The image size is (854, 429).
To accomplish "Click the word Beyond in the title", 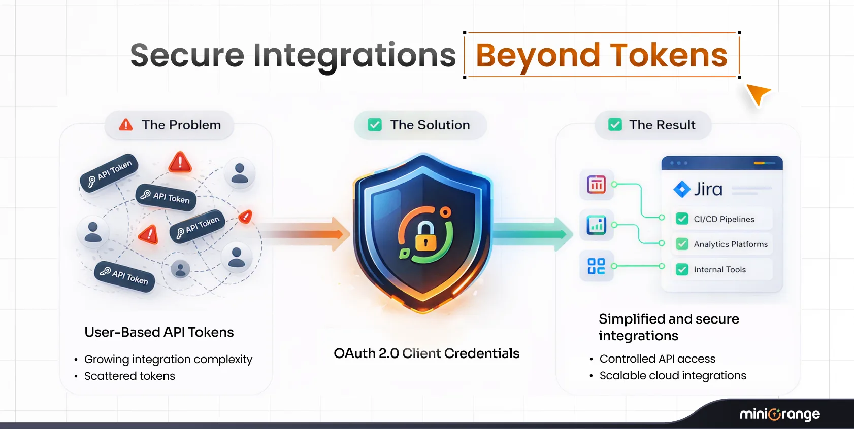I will [538, 55].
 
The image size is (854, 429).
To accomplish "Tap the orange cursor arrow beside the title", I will [758, 94].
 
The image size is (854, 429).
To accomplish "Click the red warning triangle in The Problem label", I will [126, 125].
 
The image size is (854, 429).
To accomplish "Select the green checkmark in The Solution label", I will [375, 125].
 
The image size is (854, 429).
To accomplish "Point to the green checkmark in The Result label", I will [615, 125].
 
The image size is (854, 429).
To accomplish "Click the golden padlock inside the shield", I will [425, 237].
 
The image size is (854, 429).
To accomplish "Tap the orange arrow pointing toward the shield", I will [310, 234].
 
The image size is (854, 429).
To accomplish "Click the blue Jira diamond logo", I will [682, 189].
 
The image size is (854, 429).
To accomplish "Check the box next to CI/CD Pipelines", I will [682, 219].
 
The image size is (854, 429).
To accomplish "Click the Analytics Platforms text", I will [730, 244].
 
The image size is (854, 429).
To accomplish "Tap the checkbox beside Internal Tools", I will [682, 269].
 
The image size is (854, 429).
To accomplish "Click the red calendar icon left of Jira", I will [597, 185].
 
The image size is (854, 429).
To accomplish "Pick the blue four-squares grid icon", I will [597, 266].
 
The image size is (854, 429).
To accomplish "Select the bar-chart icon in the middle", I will [597, 225].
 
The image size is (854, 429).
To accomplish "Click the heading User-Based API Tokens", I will [159, 332].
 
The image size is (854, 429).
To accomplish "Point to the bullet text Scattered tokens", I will [129, 376].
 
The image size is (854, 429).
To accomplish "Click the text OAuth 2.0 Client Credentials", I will [426, 353].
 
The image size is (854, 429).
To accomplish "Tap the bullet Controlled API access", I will [657, 359].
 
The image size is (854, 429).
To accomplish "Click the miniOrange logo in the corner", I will [779, 415].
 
